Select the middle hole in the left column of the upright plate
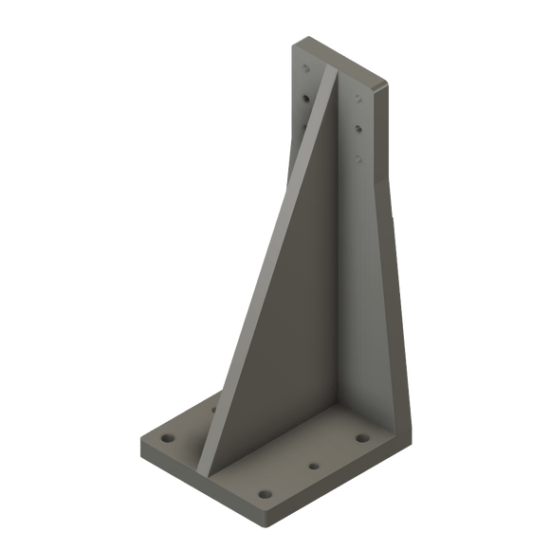point(304,97)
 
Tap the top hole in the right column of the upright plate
point(357,97)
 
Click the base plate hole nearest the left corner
point(168,441)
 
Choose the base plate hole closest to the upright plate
point(362,438)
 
